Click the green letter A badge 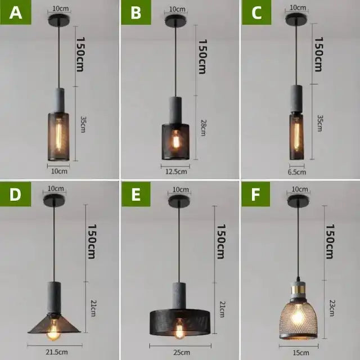16,13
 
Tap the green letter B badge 136,13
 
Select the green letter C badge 256,13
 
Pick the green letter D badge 16,195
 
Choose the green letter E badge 136,195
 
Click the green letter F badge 256,195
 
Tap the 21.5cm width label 55,352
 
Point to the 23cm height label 331,308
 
